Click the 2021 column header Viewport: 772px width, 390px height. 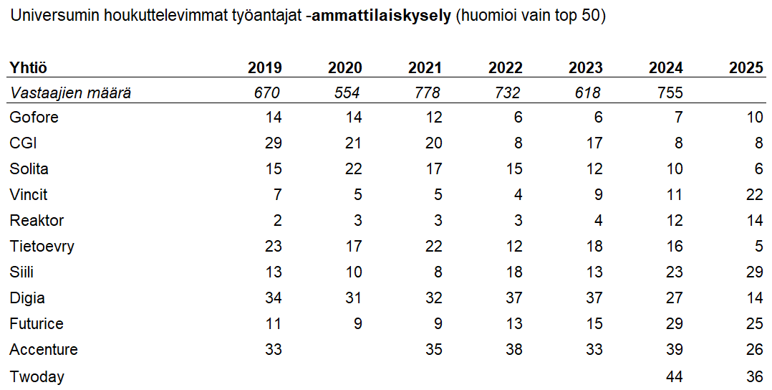tap(425, 67)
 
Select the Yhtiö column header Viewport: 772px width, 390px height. tap(28, 67)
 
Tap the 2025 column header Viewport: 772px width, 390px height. tap(746, 67)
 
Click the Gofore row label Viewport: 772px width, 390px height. tap(34, 117)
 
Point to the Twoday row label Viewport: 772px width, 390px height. tap(37, 376)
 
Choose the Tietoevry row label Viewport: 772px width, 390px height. tap(42, 246)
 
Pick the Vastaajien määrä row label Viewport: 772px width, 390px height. tap(70, 92)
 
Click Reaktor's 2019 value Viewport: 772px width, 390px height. tap(277, 220)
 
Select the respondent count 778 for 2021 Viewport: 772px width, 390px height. tap(427, 92)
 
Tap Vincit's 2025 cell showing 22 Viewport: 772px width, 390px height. tap(754, 194)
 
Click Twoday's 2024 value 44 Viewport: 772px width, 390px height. tap(674, 376)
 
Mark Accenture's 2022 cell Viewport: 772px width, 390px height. tap(513, 349)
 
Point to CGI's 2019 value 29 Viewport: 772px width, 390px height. tap(274, 143)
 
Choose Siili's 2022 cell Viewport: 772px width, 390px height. tap(513, 272)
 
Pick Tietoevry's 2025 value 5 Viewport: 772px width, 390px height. tap(758, 246)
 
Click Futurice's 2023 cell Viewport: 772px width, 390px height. tap(594, 323)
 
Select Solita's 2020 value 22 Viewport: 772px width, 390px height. tap(353, 168)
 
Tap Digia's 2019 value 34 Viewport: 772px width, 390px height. tap(274, 298)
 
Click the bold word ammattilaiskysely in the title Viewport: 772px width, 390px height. tap(381, 16)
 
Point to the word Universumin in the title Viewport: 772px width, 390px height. tap(47, 16)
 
